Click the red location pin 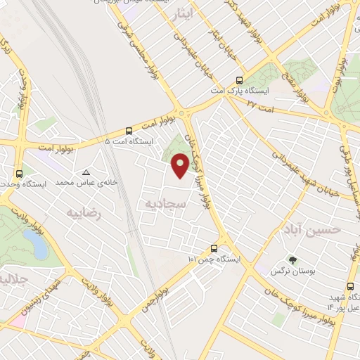click(x=180, y=165)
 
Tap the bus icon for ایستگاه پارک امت click(x=239, y=80)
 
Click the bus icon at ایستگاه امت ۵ click(x=129, y=131)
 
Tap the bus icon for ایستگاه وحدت click(x=18, y=173)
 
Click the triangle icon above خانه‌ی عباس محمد click(x=86, y=172)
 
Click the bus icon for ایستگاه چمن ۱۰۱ click(x=214, y=248)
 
